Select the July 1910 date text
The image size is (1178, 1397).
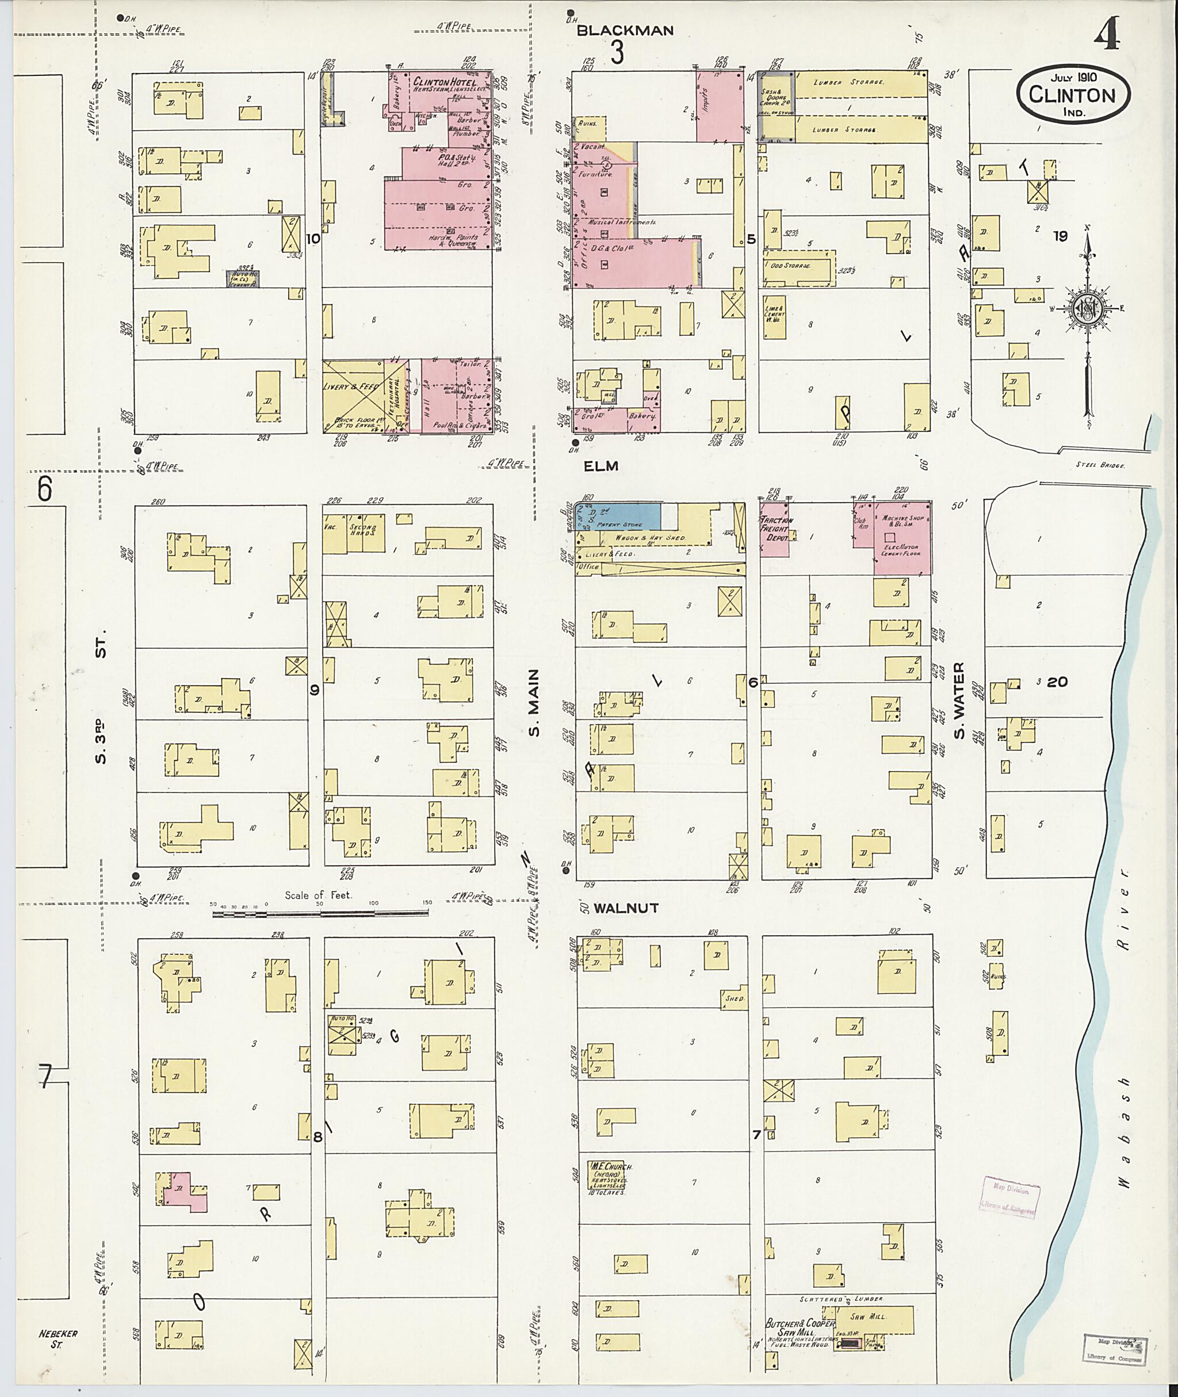(1074, 78)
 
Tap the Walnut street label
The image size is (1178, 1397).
(626, 908)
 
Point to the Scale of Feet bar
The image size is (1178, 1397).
(320, 912)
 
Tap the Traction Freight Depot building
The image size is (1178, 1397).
(775, 535)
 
